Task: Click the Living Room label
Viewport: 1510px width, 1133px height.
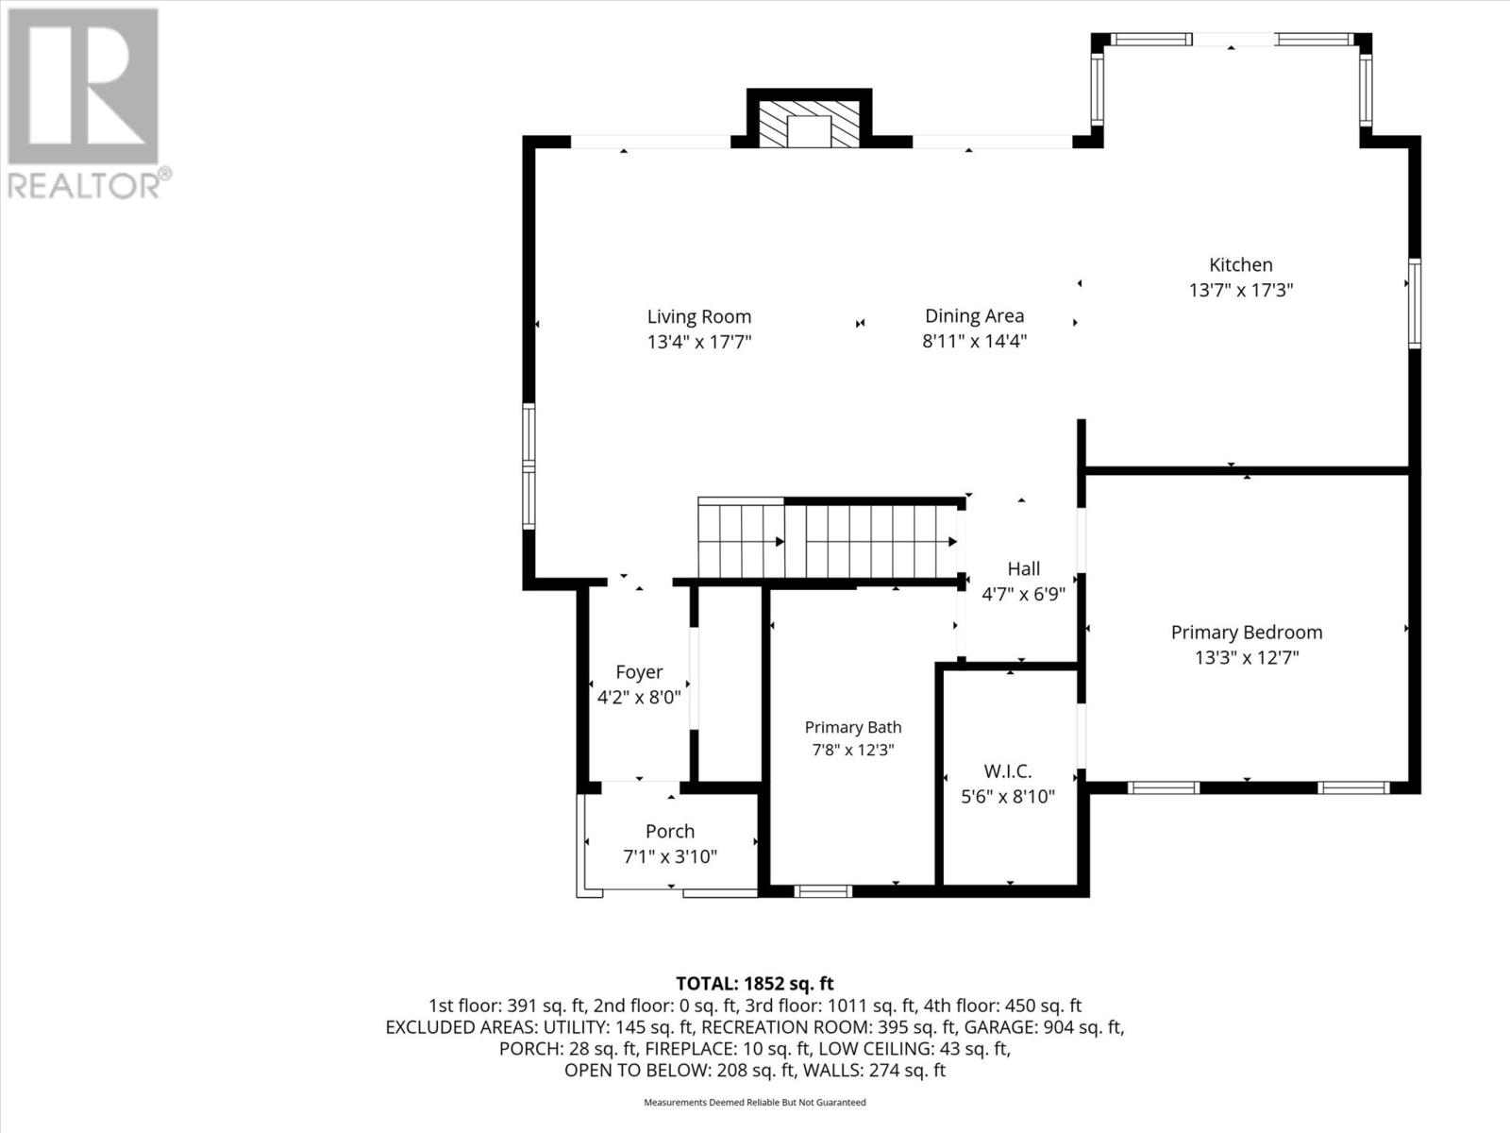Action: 699,317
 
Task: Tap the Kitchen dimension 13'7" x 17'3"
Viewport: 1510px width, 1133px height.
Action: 1241,290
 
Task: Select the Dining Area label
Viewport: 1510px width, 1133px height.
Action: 974,315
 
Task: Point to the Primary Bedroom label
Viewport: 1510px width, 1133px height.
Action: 1247,633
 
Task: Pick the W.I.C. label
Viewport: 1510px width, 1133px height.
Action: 1008,771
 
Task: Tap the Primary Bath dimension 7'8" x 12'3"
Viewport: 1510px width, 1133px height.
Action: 853,750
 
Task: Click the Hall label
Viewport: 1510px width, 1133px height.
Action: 1023,569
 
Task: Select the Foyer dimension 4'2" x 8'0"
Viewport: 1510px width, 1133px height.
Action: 639,698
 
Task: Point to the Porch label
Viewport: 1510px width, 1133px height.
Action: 670,832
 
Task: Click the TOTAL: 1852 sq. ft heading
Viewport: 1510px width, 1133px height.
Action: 755,984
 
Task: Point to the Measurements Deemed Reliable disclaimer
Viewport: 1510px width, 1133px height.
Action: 755,1102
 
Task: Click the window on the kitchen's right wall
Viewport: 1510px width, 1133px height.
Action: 1415,303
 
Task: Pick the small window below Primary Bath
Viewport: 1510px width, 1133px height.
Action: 823,891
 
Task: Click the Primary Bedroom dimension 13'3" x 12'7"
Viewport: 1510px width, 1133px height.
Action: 1247,658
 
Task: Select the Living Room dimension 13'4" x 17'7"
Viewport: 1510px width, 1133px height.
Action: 699,342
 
